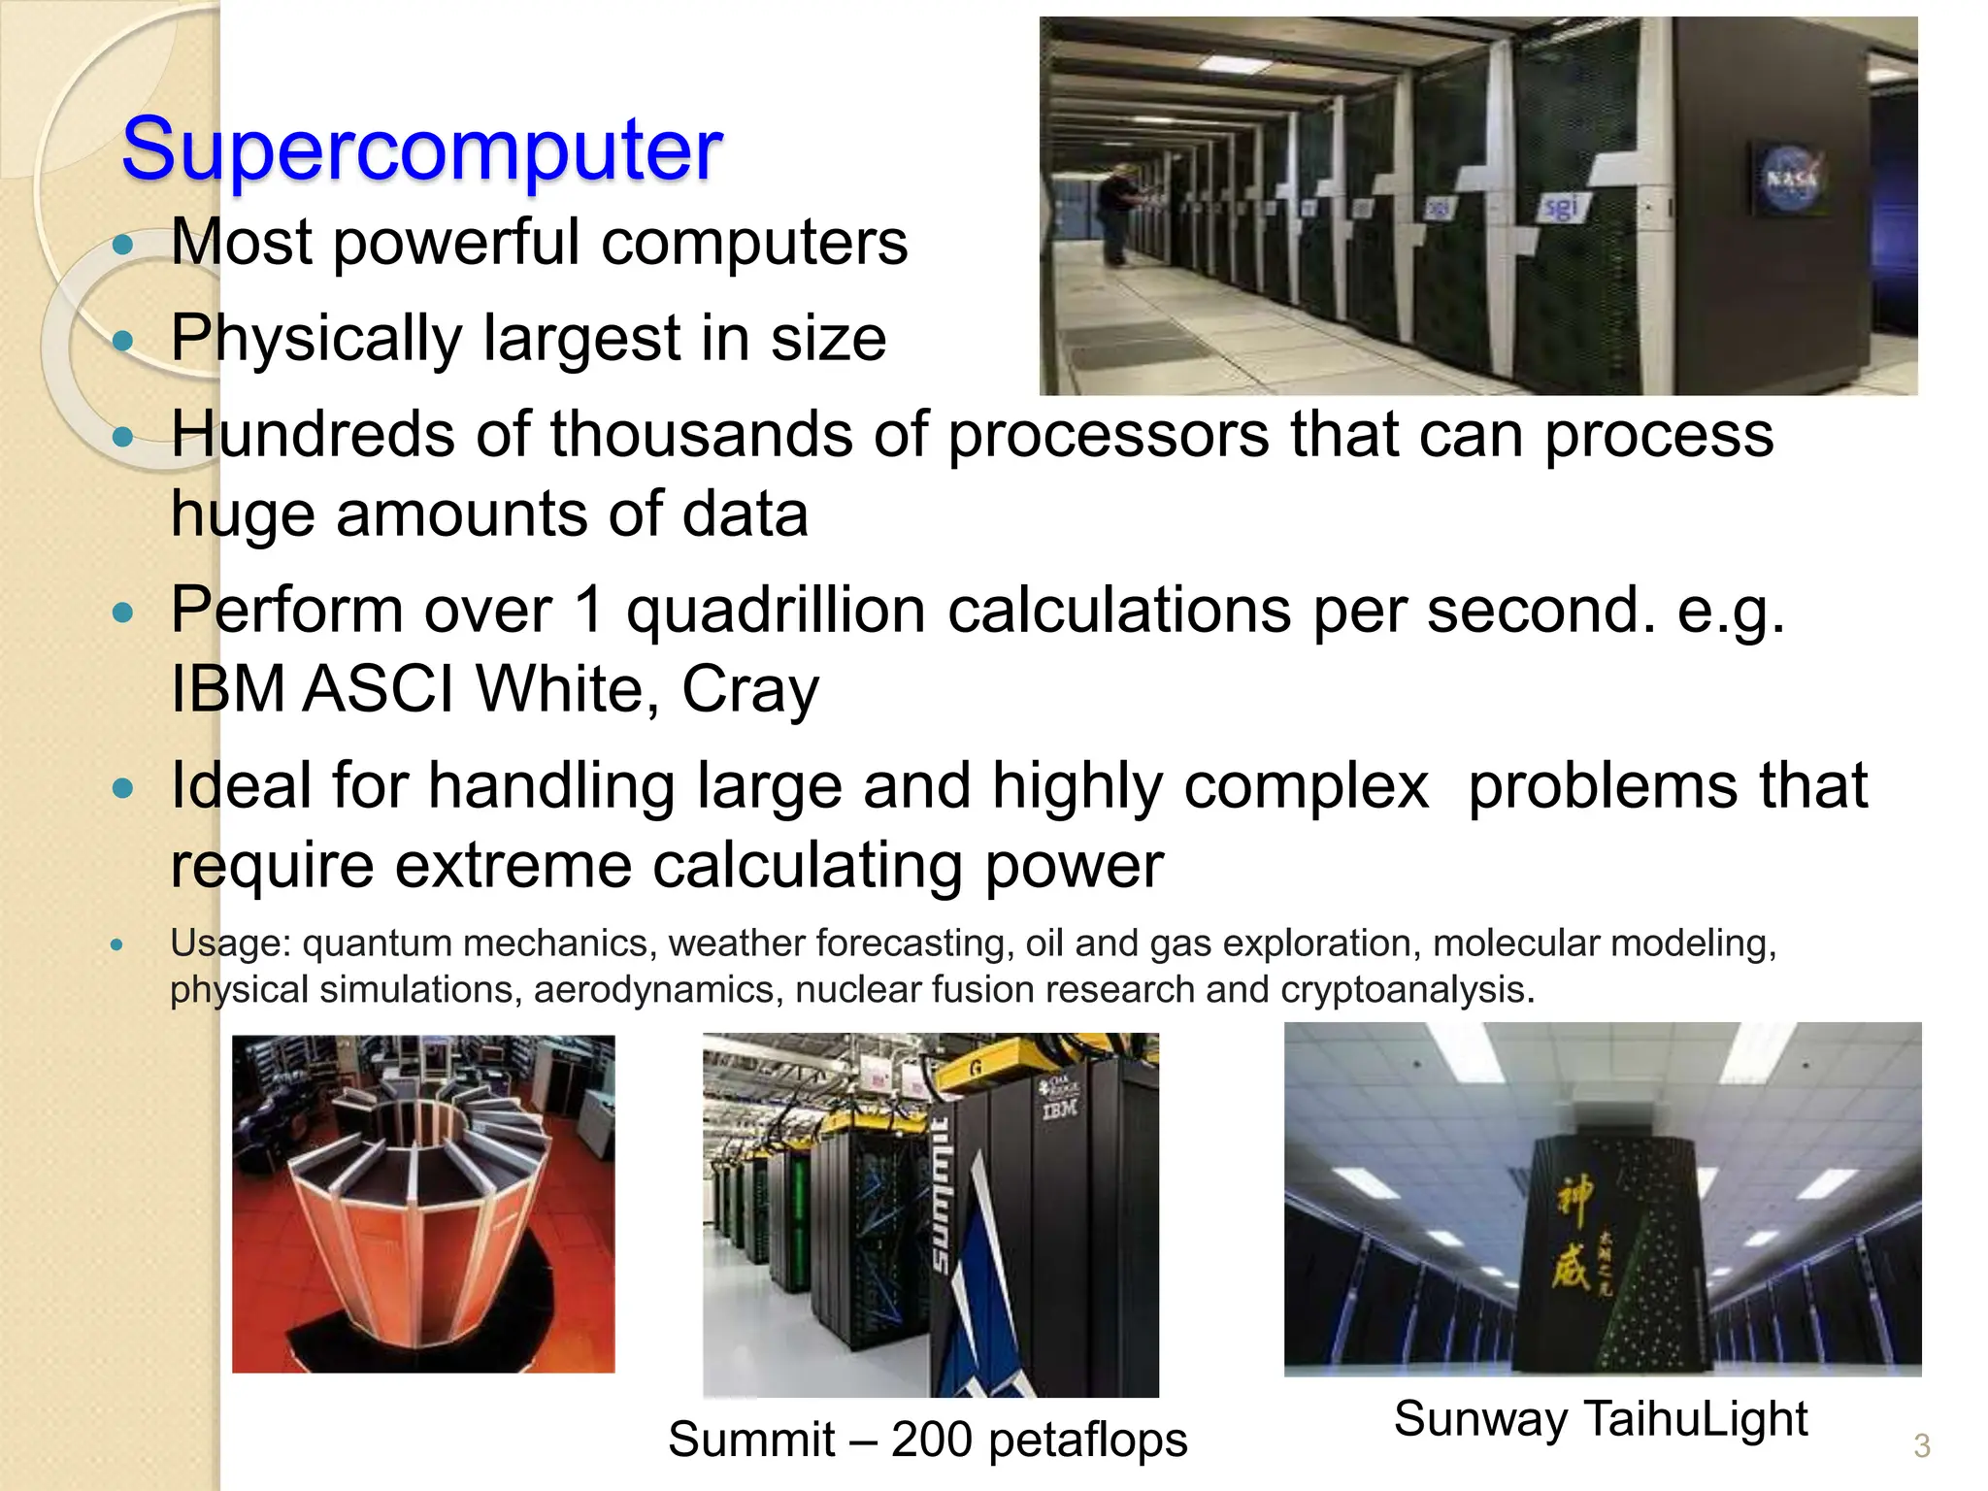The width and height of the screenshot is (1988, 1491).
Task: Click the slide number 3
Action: (x=1921, y=1445)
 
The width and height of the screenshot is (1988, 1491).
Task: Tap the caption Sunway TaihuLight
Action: (x=1600, y=1418)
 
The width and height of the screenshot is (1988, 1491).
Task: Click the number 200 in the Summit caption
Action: (x=931, y=1440)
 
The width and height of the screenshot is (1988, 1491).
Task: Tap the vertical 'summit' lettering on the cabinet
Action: (x=942, y=1195)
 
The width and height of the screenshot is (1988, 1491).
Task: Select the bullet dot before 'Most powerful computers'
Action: (x=122, y=244)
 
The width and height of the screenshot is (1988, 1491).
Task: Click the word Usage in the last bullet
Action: (x=227, y=943)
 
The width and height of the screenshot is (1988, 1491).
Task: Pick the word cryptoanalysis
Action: (x=1407, y=989)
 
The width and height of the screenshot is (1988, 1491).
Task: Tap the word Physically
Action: (x=316, y=338)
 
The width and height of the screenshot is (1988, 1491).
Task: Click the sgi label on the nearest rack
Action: (x=1561, y=207)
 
